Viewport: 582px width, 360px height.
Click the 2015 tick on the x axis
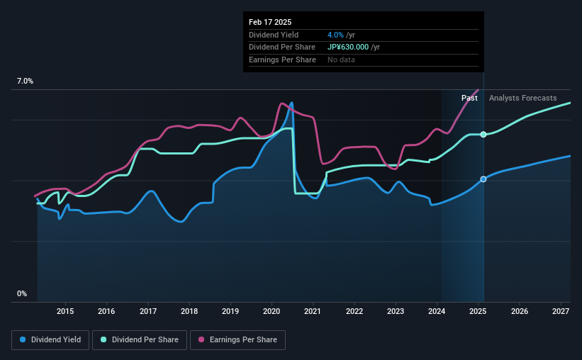[x=65, y=311]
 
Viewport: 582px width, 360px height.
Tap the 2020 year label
[x=272, y=311]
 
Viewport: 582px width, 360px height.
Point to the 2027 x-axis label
[x=561, y=311]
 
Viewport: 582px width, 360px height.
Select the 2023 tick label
[x=396, y=311]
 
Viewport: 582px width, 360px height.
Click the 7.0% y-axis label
[x=25, y=81]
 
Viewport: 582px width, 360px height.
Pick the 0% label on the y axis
[x=22, y=293]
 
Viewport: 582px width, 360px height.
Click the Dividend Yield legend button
[x=51, y=340]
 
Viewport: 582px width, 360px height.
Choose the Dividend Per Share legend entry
[x=140, y=340]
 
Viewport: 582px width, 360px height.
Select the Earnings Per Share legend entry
[x=237, y=340]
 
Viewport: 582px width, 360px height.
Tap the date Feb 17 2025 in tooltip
[x=270, y=22]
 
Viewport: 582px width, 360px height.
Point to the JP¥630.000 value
[x=353, y=47]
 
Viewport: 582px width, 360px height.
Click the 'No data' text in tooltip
[x=341, y=60]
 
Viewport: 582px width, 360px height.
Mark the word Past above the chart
[x=469, y=98]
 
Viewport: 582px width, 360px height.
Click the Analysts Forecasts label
[x=522, y=98]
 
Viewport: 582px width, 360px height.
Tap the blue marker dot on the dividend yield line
[x=483, y=179]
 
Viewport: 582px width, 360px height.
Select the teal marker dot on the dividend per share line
[x=483, y=134]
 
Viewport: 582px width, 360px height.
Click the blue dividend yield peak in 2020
[x=291, y=103]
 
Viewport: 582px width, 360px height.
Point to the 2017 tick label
[x=148, y=311]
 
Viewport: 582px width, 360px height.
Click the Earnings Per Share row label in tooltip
[x=282, y=60]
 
